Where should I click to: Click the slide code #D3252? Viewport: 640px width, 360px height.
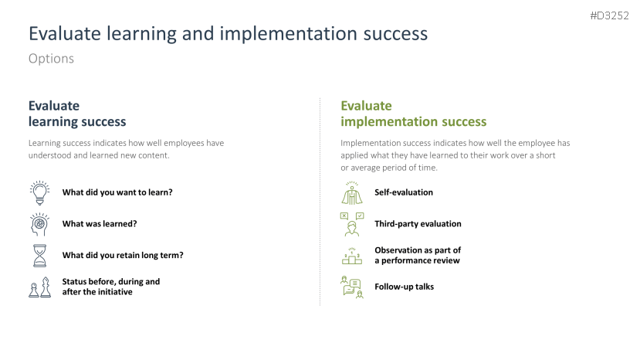pyautogui.click(x=609, y=15)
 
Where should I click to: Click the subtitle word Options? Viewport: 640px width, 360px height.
pyautogui.click(x=51, y=59)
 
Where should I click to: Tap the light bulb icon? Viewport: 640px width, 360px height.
pyautogui.click(x=39, y=193)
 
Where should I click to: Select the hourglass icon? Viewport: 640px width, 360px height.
pyautogui.click(x=39, y=256)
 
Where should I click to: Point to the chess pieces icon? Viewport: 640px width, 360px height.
pyautogui.click(x=39, y=287)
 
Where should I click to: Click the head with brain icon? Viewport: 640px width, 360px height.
pyautogui.click(x=39, y=224)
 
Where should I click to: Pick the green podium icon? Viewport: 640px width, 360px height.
pyautogui.click(x=352, y=256)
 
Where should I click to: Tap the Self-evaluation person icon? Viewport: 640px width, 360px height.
pyautogui.click(x=352, y=193)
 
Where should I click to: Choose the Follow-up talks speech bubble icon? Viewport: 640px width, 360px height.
pyautogui.click(x=352, y=287)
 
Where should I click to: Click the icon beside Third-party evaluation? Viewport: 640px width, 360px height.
pyautogui.click(x=352, y=224)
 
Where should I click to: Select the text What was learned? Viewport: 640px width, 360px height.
pyautogui.click(x=100, y=224)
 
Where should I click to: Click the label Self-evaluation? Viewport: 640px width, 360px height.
pyautogui.click(x=404, y=192)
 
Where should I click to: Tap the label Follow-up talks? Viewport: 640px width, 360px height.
pyautogui.click(x=404, y=287)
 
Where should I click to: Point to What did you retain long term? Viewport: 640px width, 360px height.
pyautogui.click(x=123, y=256)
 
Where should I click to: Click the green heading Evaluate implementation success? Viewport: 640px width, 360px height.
pyautogui.click(x=414, y=114)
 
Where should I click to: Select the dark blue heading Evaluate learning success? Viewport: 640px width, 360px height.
pyautogui.click(x=77, y=114)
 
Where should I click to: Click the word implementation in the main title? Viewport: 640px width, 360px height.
pyautogui.click(x=289, y=33)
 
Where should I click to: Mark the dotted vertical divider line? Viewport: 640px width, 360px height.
pyautogui.click(x=320, y=202)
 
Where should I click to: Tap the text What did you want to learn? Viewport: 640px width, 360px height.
pyautogui.click(x=117, y=192)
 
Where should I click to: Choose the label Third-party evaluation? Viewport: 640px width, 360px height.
pyautogui.click(x=418, y=224)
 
